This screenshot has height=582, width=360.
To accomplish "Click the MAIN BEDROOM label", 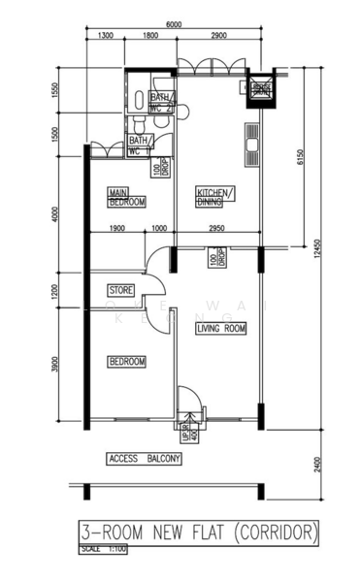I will tap(126, 197).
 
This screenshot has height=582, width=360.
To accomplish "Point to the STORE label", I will tap(120, 289).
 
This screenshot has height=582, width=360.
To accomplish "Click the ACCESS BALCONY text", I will tap(145, 458).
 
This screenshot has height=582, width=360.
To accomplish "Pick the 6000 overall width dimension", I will tap(175, 24).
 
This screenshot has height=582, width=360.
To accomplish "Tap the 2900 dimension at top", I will tap(217, 36).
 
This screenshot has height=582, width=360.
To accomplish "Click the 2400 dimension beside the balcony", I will tap(317, 465).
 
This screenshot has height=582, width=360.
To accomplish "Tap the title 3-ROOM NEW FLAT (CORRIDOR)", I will tap(199, 533).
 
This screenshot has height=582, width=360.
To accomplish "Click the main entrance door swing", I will tap(189, 400).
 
